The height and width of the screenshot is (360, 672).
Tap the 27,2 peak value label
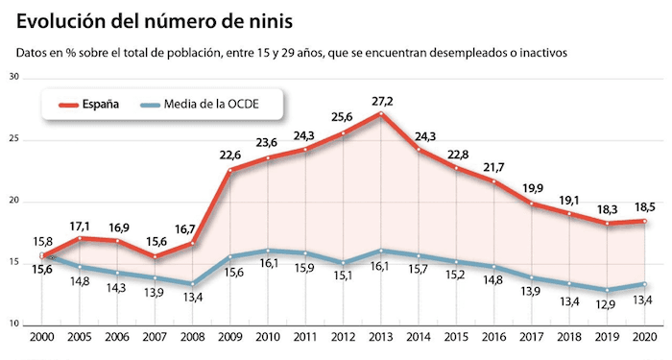point(382,99)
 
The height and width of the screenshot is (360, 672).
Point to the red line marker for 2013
point(382,114)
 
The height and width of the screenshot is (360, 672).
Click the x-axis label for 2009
point(230,339)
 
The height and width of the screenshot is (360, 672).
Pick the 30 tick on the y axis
point(14,77)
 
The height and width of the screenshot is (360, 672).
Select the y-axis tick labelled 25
point(14,139)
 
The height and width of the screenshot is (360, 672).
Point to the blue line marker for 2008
point(192,284)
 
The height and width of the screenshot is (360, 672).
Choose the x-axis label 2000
point(41,339)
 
